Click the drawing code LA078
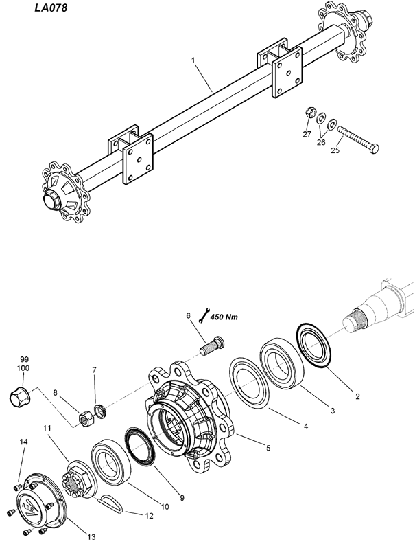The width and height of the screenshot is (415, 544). click(x=51, y=8)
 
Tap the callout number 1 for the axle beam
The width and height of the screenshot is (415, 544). click(x=193, y=60)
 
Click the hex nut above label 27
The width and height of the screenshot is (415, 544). click(x=310, y=113)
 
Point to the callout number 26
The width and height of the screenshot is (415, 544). click(x=321, y=142)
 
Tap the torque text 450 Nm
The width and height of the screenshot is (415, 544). click(x=224, y=317)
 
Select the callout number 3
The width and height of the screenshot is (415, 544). click(x=333, y=411)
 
